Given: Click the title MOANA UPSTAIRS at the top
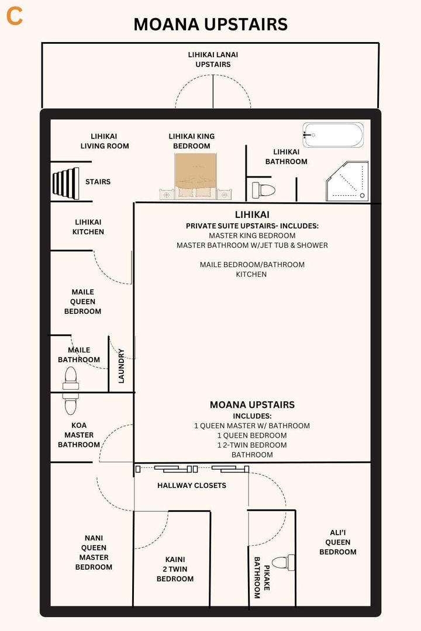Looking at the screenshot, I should [210, 24].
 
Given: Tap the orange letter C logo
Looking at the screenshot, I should [15, 17].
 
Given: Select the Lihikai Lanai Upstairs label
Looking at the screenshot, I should [213, 60].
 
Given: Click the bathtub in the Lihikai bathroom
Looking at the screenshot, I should [333, 135].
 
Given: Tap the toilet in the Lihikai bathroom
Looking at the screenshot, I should [264, 190].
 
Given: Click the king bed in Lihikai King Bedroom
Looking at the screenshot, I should [195, 175].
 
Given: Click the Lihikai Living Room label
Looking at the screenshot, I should [105, 141].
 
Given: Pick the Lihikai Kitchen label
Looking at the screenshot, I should [88, 227].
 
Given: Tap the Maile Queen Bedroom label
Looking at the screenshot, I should [82, 301].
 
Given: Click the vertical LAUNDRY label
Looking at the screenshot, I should [122, 366].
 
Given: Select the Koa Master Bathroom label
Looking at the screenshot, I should [79, 435].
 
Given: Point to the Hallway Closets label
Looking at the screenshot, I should [191, 486].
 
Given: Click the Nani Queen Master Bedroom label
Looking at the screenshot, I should [94, 552].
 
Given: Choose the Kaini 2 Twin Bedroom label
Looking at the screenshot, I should [175, 569].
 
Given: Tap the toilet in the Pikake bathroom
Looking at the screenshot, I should [284, 563].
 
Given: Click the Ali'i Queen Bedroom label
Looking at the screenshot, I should [338, 542].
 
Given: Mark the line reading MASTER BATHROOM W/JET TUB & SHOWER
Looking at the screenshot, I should [252, 245].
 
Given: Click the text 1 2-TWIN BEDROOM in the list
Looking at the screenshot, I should [252, 445].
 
